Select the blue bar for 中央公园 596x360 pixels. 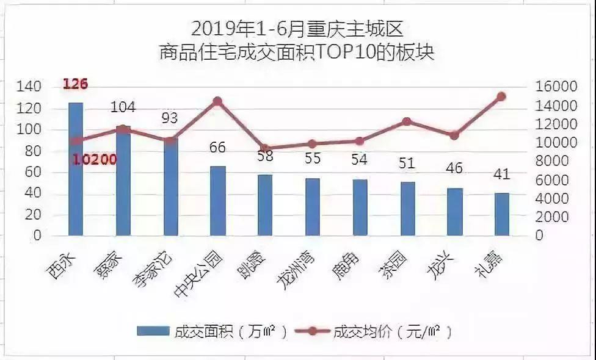coord(218,201)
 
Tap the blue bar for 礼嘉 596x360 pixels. coord(502,214)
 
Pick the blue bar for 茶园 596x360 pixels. coord(407,209)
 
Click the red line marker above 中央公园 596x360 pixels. coord(217,101)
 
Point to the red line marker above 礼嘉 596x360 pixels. coord(501,96)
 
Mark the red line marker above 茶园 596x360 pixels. coord(407,122)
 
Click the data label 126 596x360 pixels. coord(76,84)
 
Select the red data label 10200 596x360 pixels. coord(94,160)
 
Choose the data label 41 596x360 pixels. coord(502,175)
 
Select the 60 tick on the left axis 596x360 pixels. coord(34,172)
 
